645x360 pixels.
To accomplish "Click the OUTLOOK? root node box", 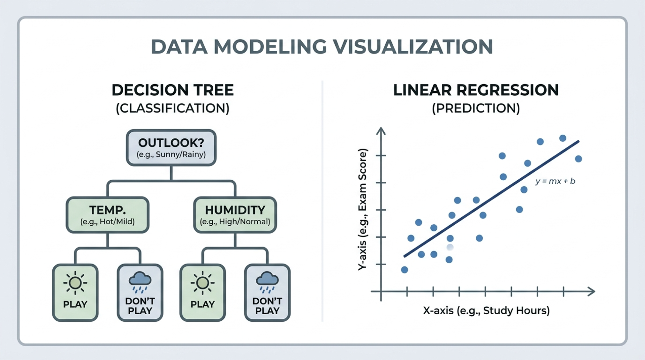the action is click(x=171, y=148).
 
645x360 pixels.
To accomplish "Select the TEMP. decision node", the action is click(x=107, y=215).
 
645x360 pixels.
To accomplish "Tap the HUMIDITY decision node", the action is click(x=235, y=215).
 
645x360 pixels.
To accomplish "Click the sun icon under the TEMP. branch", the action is click(x=75, y=283).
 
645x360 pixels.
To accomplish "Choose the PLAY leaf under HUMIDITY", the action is click(x=203, y=292).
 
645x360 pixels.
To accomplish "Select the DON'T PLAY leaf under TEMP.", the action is click(x=140, y=292).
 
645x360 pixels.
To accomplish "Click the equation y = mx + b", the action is click(x=555, y=181).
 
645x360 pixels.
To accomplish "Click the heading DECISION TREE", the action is click(x=173, y=90).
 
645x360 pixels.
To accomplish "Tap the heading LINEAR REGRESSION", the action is click(x=476, y=90).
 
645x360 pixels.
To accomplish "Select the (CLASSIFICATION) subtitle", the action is click(x=173, y=108).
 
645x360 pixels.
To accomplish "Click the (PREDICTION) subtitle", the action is click(x=476, y=108).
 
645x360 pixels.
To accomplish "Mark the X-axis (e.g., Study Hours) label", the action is click(x=486, y=310).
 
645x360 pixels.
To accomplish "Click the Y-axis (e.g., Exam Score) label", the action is click(x=362, y=210).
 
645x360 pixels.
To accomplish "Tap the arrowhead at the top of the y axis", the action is click(x=381, y=131).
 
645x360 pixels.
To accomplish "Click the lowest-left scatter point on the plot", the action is click(x=404, y=270).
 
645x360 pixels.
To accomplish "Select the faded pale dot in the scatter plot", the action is click(x=450, y=248).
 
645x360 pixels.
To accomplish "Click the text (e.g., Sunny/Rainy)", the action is click(x=171, y=154).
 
